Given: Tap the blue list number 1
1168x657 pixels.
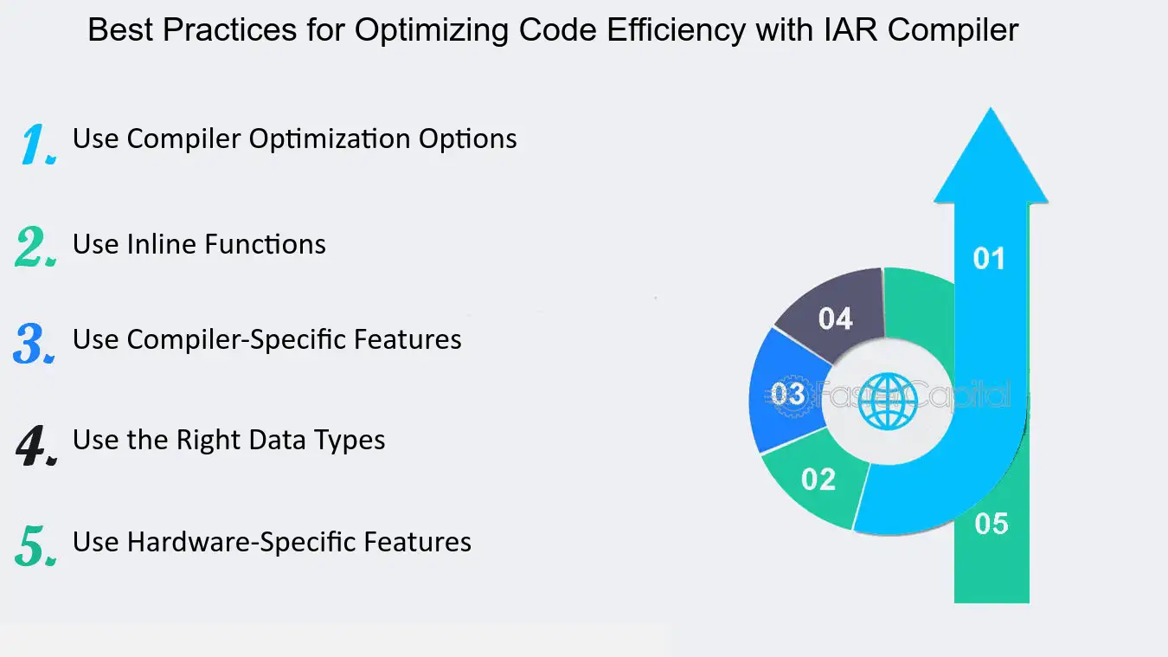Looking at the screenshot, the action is tap(39, 144).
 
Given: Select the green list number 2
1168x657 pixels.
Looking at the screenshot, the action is tap(35, 246).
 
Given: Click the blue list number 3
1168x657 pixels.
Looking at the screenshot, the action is tap(34, 343).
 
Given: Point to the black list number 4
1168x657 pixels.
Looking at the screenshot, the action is tap(36, 445).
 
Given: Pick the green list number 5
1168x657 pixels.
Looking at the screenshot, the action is tap(36, 546).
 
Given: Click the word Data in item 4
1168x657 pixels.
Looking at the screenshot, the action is tap(278, 440).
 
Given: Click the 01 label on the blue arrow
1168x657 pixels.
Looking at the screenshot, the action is tap(989, 258).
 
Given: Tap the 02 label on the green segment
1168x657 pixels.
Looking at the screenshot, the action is tap(818, 479).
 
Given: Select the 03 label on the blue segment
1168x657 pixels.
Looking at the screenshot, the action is tap(788, 394).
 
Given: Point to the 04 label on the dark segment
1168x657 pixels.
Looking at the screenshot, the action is tap(835, 319).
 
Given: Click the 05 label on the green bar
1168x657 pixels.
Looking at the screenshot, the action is tap(992, 524).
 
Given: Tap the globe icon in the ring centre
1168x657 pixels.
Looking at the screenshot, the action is tap(888, 401).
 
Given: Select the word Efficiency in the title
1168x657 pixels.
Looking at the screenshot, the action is tap(677, 31).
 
